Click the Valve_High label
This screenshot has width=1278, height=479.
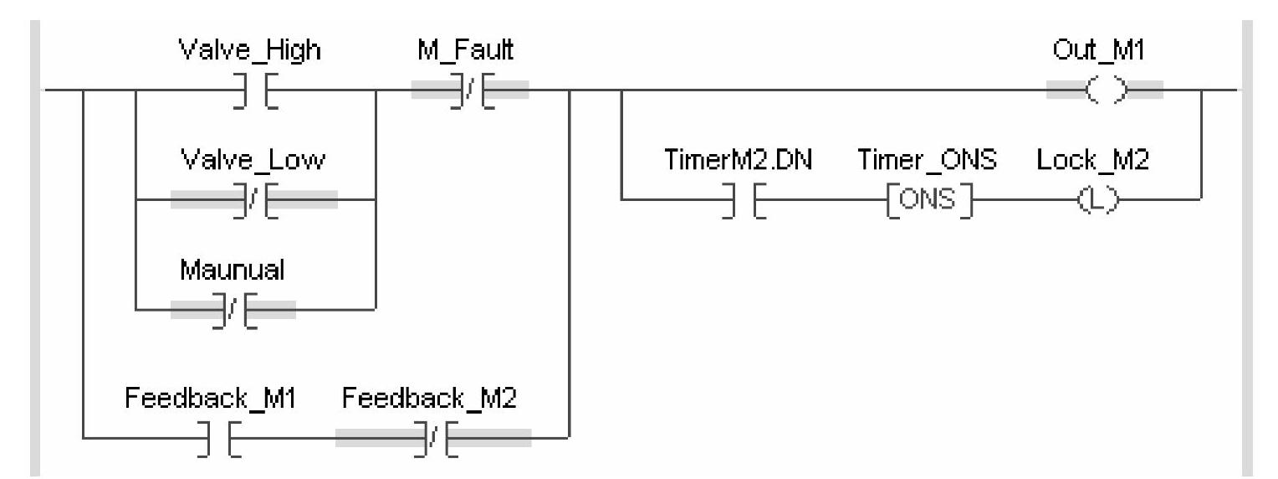(x=250, y=51)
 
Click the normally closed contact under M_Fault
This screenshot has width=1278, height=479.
(x=470, y=90)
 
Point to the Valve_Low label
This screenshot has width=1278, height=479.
(x=253, y=162)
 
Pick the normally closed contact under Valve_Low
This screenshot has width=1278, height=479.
(x=255, y=199)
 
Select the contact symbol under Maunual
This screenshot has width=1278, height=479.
(x=234, y=310)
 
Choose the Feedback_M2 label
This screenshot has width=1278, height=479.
(x=430, y=399)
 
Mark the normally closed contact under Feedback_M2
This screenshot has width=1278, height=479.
(x=433, y=437)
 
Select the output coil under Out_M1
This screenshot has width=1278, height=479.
(x=1105, y=90)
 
